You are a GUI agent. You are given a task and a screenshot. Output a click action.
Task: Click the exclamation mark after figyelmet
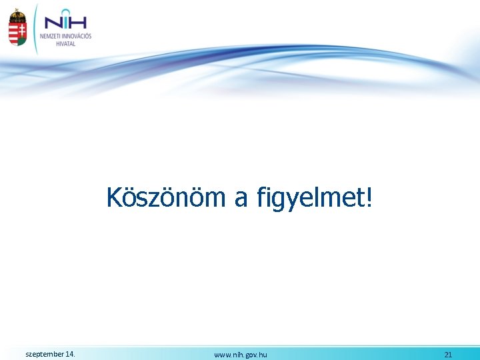click(x=370, y=197)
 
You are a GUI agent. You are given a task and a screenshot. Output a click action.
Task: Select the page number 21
click(x=448, y=355)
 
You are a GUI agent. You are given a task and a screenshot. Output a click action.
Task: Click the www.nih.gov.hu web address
click(x=241, y=355)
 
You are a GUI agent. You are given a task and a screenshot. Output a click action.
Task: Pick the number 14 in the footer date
click(x=70, y=354)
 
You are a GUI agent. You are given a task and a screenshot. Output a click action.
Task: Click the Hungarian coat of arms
click(x=17, y=28)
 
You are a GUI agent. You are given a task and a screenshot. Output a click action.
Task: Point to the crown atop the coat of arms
click(x=17, y=13)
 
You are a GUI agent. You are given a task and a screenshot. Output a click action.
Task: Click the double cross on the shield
click(x=21, y=30)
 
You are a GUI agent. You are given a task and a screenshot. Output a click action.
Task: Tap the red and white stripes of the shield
click(x=13, y=31)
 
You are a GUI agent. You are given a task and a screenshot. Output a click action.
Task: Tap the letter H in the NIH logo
click(x=79, y=23)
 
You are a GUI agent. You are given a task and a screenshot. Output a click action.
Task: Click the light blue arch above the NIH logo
click(x=64, y=11)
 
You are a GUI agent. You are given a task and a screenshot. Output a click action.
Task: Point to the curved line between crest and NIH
click(x=33, y=27)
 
